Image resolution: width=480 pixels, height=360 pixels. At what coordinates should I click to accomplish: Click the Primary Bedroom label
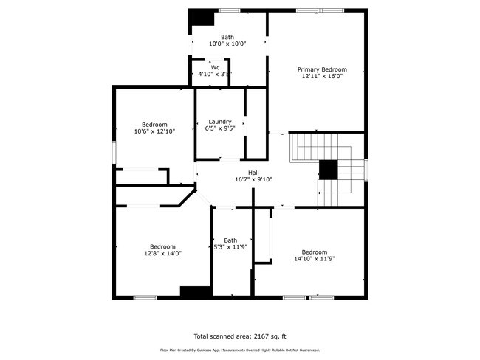[322, 69]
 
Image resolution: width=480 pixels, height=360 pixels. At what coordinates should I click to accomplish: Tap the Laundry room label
[220, 122]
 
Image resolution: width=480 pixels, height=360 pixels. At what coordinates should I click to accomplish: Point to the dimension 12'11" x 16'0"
[322, 77]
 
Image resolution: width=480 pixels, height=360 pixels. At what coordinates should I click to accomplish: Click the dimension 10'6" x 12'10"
[154, 131]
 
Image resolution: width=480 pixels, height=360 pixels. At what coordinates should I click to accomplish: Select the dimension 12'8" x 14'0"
[162, 253]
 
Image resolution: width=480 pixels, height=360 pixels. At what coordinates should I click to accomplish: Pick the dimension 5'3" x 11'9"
[231, 246]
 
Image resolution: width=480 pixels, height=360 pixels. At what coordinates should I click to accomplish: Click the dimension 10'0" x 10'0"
[227, 44]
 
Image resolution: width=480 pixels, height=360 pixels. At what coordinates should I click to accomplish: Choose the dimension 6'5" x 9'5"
[220, 128]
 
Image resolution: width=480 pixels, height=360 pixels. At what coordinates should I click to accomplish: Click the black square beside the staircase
[328, 170]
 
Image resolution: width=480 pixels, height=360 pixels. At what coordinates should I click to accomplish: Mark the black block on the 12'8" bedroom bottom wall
[195, 291]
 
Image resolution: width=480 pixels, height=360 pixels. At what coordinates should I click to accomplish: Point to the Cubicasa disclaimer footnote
[239, 350]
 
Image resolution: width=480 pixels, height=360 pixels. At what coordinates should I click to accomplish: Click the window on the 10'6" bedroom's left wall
[114, 152]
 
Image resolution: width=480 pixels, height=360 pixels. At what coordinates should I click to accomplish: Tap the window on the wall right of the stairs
[366, 169]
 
